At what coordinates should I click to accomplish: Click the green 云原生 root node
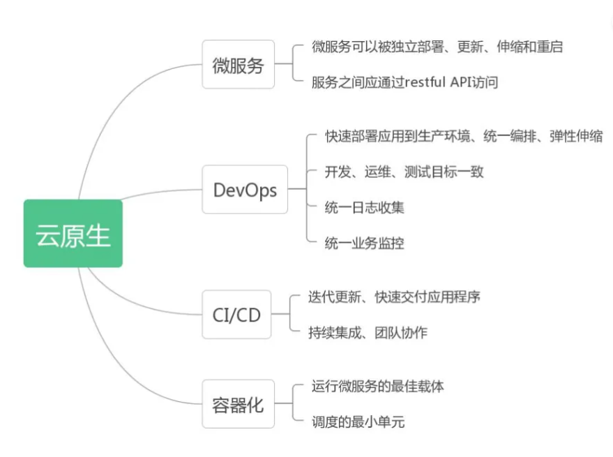pyautogui.click(x=73, y=234)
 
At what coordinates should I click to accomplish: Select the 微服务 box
pyautogui.click(x=238, y=65)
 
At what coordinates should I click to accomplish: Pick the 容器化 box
pyautogui.click(x=238, y=404)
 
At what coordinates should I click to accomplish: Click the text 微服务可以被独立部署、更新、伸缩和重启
pyautogui.click(x=437, y=47)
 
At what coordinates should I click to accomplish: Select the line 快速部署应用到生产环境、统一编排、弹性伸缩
pyautogui.click(x=464, y=136)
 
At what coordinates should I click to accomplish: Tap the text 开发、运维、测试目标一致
pyautogui.click(x=404, y=172)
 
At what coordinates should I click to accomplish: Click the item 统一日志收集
pyautogui.click(x=365, y=207)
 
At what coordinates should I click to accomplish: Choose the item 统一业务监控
pyautogui.click(x=365, y=243)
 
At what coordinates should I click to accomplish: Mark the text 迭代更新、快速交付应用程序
pyautogui.click(x=394, y=297)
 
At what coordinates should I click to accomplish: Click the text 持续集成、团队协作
pyautogui.click(x=368, y=333)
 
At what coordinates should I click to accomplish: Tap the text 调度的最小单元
pyautogui.click(x=358, y=421)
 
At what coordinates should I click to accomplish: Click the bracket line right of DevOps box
pyautogui.click(x=307, y=188)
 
